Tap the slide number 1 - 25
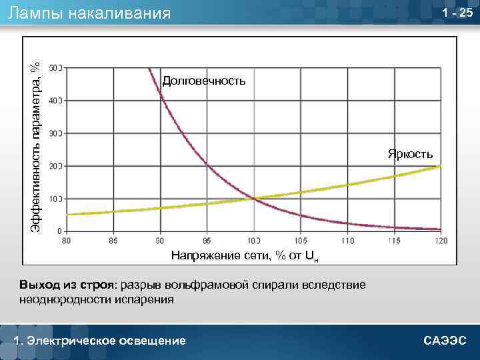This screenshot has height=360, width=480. (457, 13)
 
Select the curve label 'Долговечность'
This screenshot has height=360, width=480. (204, 81)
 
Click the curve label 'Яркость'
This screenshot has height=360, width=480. (411, 155)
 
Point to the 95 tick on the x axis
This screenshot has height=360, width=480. (207, 239)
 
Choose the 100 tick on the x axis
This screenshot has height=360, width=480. (253, 239)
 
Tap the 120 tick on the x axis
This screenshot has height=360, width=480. (441, 239)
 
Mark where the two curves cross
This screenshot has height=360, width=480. (253, 198)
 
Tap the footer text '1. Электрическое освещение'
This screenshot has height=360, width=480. (100, 341)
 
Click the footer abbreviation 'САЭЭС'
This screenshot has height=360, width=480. (445, 341)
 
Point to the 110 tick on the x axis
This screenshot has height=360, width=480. (347, 239)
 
